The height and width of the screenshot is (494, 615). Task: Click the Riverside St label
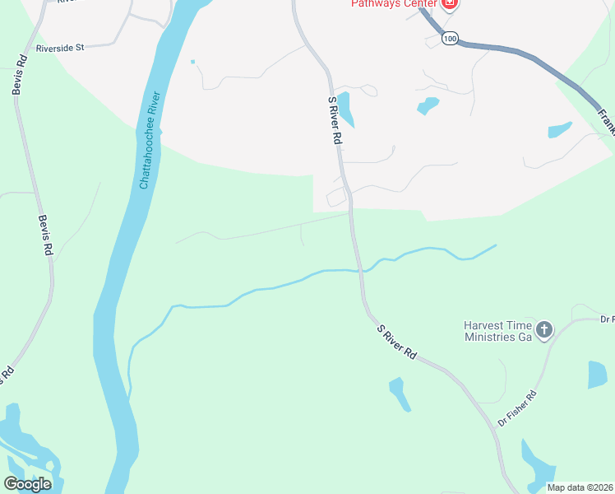point(59,48)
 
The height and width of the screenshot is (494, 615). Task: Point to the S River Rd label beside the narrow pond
point(334,121)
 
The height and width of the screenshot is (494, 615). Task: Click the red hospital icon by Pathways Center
point(449,4)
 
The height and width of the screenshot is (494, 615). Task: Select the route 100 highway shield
point(449,39)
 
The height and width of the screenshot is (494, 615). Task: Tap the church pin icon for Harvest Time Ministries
point(543,331)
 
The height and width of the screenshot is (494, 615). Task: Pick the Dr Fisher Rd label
point(517,408)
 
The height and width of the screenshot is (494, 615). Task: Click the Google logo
point(27,483)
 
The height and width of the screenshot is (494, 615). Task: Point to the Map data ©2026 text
point(580,487)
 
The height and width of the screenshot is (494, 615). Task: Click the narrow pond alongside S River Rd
point(346,110)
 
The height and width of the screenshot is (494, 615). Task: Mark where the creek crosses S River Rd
point(358,269)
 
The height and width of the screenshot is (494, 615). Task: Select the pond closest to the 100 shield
point(428,105)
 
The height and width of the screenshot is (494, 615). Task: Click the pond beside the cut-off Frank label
point(559,129)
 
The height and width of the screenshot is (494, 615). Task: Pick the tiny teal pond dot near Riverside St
point(192,61)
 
